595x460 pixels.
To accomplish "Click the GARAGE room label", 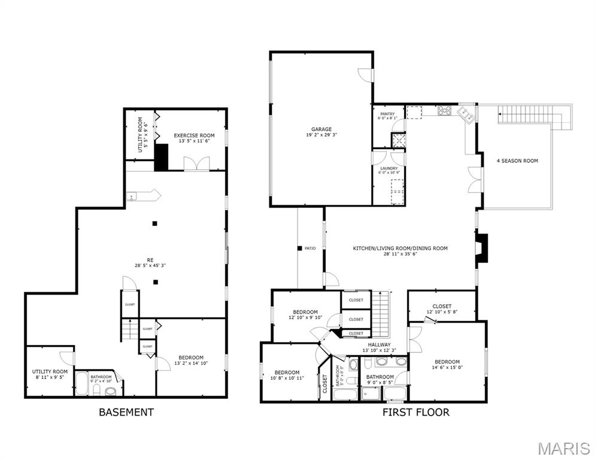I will pyautogui.click(x=321, y=129).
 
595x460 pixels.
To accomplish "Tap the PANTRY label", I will pyautogui.click(x=387, y=114).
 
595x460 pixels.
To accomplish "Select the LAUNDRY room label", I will pyautogui.click(x=388, y=168).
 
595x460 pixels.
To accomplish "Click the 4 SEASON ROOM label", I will pyautogui.click(x=517, y=161).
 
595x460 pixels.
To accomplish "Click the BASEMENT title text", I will pyautogui.click(x=126, y=412).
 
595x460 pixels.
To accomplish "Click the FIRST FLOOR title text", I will pyautogui.click(x=415, y=412).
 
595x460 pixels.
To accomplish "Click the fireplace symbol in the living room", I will pyautogui.click(x=482, y=249).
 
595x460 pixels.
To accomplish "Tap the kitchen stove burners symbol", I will pyautogui.click(x=445, y=110).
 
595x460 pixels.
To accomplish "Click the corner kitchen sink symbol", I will pyautogui.click(x=466, y=113).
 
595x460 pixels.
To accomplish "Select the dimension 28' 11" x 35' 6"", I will pyautogui.click(x=400, y=255).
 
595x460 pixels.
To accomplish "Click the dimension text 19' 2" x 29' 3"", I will pyautogui.click(x=321, y=135).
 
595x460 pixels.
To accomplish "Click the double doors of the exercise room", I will pyautogui.click(x=196, y=164).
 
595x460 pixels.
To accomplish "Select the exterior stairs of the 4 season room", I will pyautogui.click(x=561, y=117).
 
